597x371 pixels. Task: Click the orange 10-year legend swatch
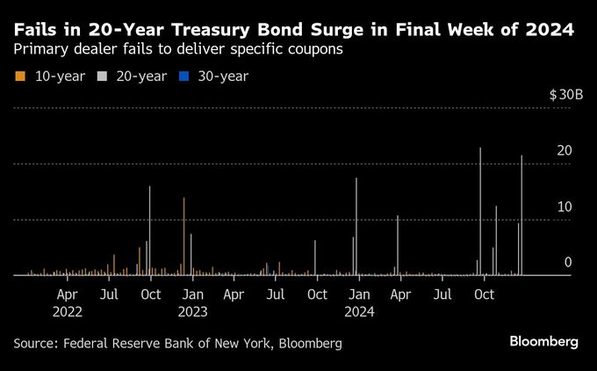pos(18,76)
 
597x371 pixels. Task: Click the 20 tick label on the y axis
pos(565,151)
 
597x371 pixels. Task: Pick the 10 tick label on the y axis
pos(565,207)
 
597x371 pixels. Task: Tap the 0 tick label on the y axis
pos(568,262)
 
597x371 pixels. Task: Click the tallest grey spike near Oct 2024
pos(480,211)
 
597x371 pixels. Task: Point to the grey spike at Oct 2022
pos(150,230)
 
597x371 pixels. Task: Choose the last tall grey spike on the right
pos(521,215)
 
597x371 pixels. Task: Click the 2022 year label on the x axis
pos(68,311)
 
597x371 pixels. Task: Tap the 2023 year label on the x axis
pos(192,311)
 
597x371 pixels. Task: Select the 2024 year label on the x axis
pos(359,311)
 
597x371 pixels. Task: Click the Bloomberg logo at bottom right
pos(543,341)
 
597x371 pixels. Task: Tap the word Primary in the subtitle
pos(39,50)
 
